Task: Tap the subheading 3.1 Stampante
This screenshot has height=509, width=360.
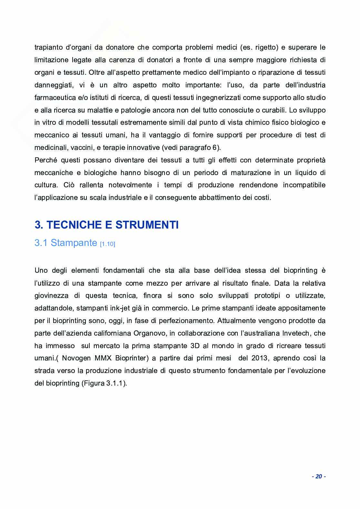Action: pyautogui.click(x=65, y=242)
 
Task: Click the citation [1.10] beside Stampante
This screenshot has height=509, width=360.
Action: pyautogui.click(x=107, y=244)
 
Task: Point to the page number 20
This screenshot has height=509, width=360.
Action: pyautogui.click(x=319, y=476)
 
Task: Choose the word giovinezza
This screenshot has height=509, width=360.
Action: pyautogui.click(x=52, y=296)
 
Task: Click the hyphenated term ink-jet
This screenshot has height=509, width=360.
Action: pyautogui.click(x=123, y=308)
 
